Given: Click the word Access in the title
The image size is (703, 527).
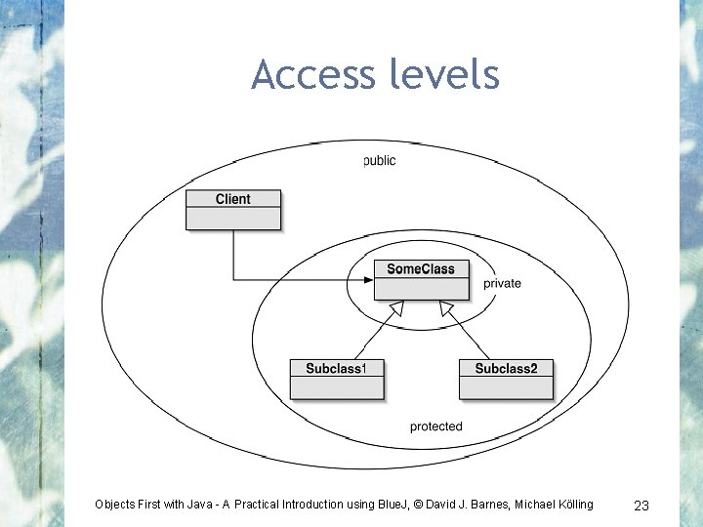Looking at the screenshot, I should (x=308, y=74).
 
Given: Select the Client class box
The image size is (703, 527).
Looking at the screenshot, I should (x=233, y=210).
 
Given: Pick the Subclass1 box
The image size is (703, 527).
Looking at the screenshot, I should (x=336, y=379).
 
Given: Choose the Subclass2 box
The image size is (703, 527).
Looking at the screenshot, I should (x=506, y=379).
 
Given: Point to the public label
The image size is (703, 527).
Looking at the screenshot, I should (x=379, y=160).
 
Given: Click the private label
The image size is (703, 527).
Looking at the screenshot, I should (x=502, y=284).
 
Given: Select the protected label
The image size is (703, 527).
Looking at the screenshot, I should (x=435, y=426).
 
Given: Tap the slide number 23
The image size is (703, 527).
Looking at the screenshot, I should (x=641, y=505).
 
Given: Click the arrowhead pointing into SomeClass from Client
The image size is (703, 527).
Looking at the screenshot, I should (x=368, y=280).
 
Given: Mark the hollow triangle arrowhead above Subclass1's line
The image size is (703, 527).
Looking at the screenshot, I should (x=395, y=309).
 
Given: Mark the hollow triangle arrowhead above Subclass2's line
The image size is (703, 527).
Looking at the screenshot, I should (x=446, y=309).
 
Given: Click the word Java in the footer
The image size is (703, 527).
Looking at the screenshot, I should (x=198, y=505).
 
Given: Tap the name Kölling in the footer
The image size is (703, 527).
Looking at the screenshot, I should (x=570, y=505).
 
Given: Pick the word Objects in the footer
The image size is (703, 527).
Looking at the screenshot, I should (x=116, y=505).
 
